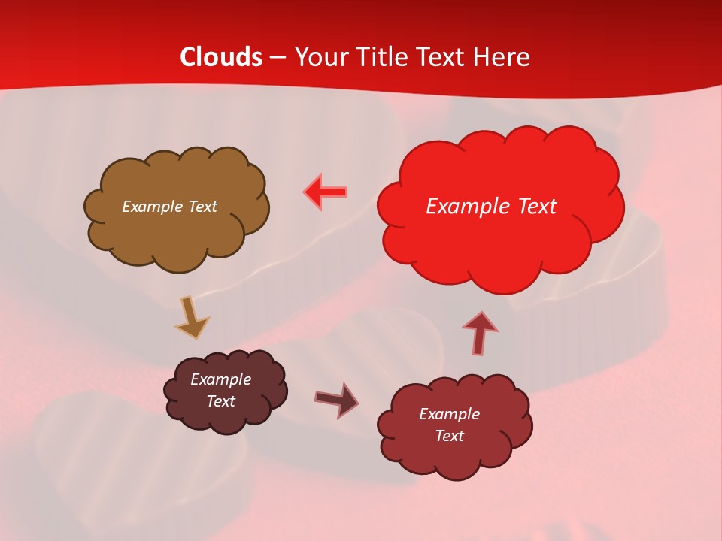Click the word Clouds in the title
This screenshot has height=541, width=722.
tap(221, 57)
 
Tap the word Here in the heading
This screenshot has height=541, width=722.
tap(502, 57)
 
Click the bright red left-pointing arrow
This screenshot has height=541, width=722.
tap(326, 192)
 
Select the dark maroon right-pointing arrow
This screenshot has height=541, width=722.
tap(337, 399)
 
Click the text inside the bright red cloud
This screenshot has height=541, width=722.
tap(491, 207)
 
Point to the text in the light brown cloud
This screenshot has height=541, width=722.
tap(169, 207)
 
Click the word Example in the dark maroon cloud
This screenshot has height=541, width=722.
tap(220, 379)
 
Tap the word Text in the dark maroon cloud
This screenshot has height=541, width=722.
tap(220, 401)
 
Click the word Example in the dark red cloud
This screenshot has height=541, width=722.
tap(449, 414)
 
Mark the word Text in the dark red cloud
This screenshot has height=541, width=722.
tap(449, 436)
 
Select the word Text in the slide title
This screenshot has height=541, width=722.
tap(443, 57)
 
